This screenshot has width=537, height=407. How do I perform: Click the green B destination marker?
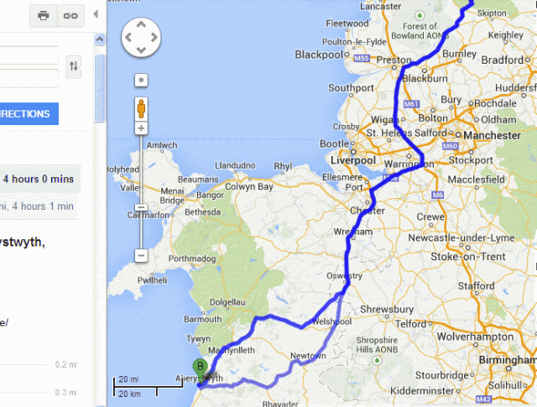(x=200, y=367)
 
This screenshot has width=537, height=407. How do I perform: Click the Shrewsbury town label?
(x=388, y=310)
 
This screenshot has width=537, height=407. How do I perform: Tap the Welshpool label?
(x=332, y=320)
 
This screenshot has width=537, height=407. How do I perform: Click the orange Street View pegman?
(x=142, y=108)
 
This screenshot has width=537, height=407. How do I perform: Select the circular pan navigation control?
(x=142, y=38)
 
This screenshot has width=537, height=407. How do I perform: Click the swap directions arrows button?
(x=74, y=66)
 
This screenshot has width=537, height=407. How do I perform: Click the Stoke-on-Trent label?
(x=468, y=257)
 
